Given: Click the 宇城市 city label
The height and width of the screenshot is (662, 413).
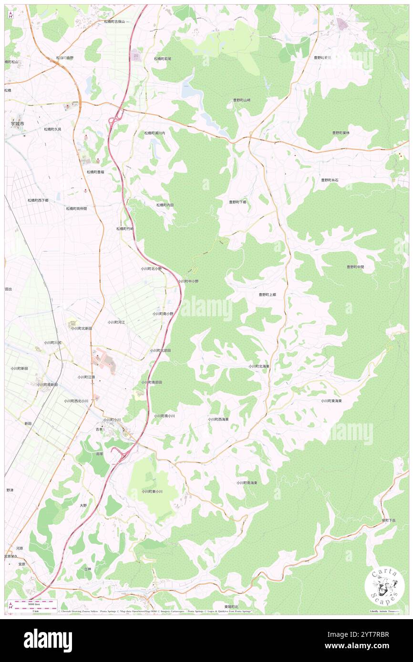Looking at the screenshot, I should click(x=18, y=123).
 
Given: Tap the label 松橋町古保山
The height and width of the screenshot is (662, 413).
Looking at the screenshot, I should click(x=114, y=22).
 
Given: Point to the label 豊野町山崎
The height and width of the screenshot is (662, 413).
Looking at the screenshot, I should click(x=241, y=100).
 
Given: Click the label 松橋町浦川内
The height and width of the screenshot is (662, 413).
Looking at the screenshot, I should click(x=155, y=133).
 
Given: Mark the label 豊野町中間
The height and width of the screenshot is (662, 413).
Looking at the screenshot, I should click(x=355, y=267).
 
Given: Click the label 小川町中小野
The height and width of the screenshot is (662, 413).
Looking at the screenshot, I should click(x=188, y=281).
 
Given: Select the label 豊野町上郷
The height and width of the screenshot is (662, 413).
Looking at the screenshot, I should click(x=267, y=295).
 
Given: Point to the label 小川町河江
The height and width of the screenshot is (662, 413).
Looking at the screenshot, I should click(x=116, y=322).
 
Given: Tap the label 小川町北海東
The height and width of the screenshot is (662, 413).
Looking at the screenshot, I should click(x=259, y=366).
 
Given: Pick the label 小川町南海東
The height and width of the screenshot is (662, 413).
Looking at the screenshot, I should click(x=247, y=482).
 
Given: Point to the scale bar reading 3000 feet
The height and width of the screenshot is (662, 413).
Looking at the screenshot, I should click(x=32, y=605).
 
